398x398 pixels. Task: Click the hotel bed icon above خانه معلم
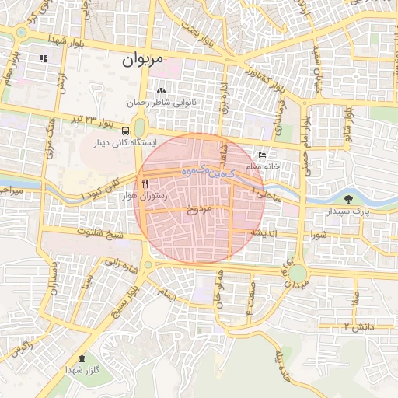pos(262,155)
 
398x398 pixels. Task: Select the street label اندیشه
pos(264,232)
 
